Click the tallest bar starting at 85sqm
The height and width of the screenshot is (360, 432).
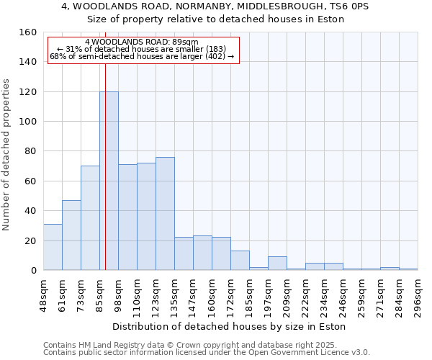click(109, 181)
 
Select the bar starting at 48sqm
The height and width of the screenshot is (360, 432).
click(53, 247)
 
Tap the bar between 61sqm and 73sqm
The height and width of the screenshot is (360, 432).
click(71, 235)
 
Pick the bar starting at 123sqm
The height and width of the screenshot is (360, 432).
click(165, 213)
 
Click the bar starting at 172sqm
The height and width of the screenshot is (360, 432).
click(240, 260)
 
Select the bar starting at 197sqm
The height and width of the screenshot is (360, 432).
click(277, 263)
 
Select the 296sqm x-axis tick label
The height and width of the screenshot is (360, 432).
click(418, 294)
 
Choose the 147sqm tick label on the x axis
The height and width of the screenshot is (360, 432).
click(194, 294)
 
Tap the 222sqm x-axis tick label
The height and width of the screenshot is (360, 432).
click(306, 294)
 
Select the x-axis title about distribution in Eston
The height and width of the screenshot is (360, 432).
click(230, 326)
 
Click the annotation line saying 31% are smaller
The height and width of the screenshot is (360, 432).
click(142, 49)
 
